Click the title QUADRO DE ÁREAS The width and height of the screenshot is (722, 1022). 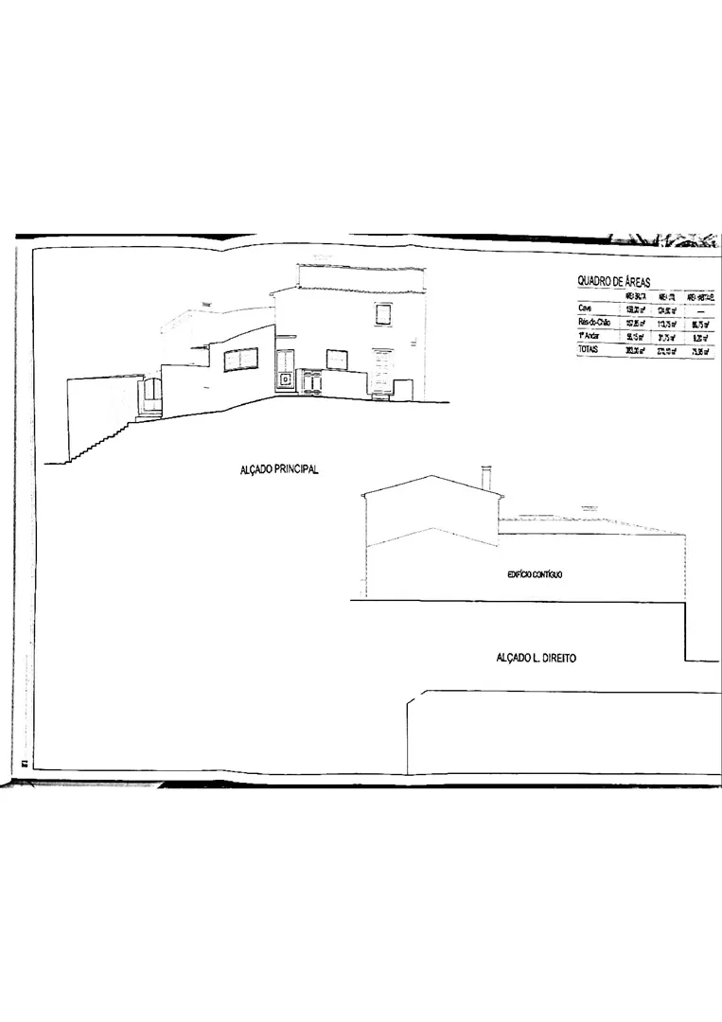(614, 282)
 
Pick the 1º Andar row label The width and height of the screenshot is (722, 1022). (590, 336)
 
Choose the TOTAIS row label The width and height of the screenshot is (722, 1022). (590, 350)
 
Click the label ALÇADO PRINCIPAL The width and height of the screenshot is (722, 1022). (279, 469)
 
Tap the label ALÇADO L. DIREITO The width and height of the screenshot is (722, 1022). (537, 657)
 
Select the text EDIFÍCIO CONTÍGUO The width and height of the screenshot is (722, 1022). (535, 574)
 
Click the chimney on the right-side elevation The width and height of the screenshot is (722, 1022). (486, 478)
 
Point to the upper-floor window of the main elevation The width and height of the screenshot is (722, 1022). (383, 314)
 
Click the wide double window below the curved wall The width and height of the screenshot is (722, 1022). (241, 360)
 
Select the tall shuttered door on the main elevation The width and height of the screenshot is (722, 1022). (383, 372)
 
